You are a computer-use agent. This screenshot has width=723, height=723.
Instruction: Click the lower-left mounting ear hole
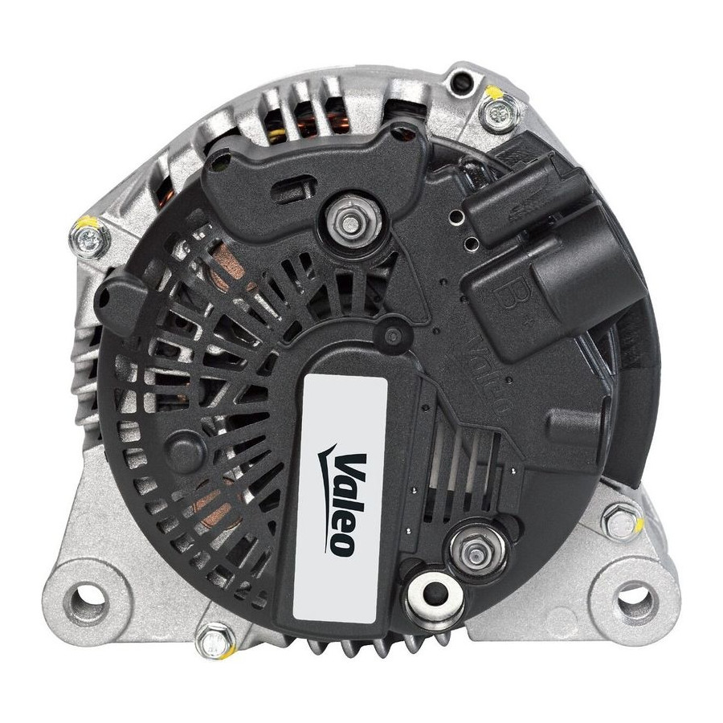pyautogui.click(x=87, y=599)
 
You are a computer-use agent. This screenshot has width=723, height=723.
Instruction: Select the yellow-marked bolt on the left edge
pyautogui.click(x=90, y=239)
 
